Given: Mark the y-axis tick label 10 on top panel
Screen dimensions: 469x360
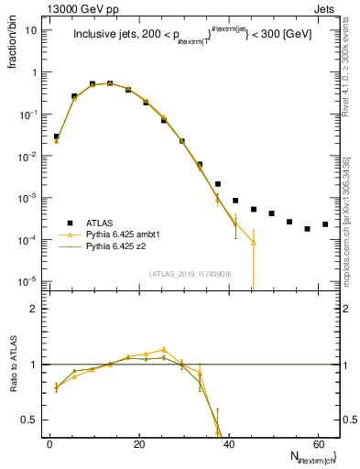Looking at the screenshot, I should tap(31, 30).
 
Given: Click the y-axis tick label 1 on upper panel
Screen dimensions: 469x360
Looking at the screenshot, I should tap(34, 72).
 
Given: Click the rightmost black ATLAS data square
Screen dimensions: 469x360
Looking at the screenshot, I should tap(325, 224).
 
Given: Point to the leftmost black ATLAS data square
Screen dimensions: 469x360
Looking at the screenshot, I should tap(56, 136).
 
